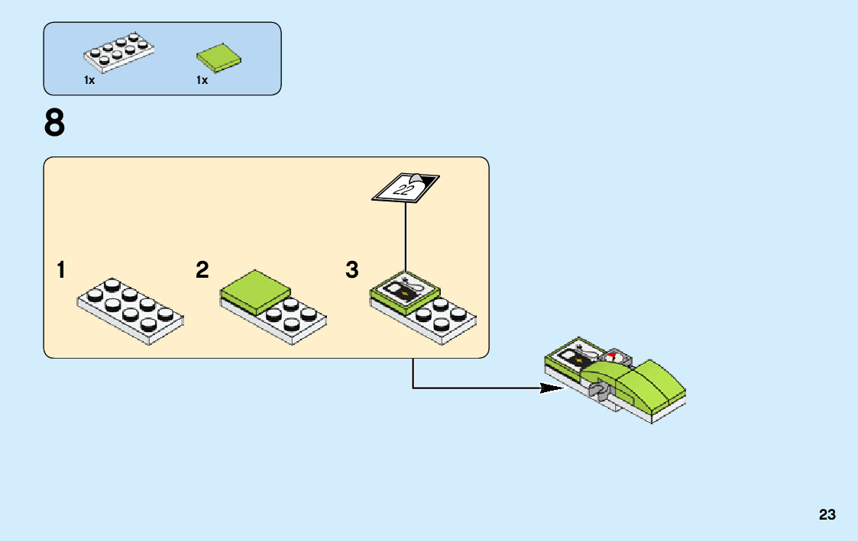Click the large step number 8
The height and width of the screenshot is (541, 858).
pos(55,124)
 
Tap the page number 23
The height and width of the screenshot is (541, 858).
pos(827,515)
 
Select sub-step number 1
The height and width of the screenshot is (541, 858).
pos(60,270)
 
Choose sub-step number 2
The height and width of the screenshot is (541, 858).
pos(202,270)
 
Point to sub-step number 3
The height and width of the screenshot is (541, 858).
pos(351,270)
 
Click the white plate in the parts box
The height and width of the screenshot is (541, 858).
pos(118,53)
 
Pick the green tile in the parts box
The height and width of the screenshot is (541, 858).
pos(220,58)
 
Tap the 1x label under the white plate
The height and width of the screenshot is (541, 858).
pos(89,80)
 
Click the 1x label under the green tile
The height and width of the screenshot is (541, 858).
pos(202,80)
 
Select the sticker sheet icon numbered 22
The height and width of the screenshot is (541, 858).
pos(405,187)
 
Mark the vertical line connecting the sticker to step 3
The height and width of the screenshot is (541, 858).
pos(406,237)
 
